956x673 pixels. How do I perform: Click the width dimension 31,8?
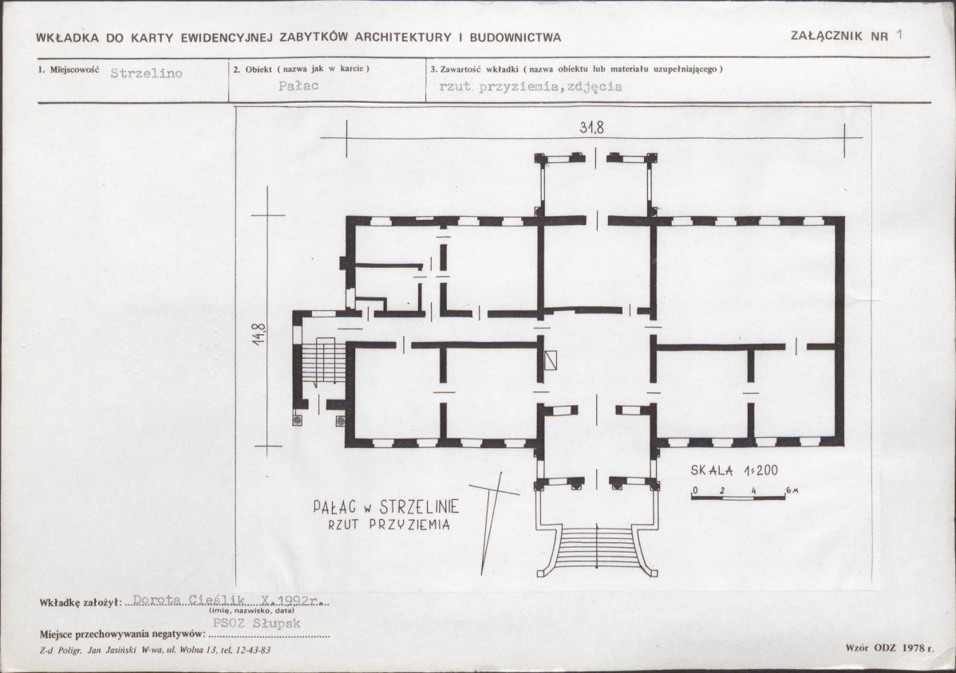(x=591, y=128)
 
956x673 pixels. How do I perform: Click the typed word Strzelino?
(x=146, y=73)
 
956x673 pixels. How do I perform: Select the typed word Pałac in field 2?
(x=298, y=86)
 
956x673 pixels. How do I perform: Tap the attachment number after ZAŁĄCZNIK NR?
(x=899, y=35)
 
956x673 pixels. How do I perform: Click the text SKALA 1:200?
(x=734, y=470)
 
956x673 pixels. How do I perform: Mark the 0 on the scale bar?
(x=693, y=490)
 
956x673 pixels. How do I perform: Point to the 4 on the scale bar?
(x=754, y=490)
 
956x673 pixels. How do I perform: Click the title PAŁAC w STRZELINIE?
(x=386, y=506)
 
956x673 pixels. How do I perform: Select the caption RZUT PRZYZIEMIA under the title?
(x=389, y=525)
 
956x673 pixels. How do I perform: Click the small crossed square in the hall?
(x=551, y=360)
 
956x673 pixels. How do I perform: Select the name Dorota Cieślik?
(x=189, y=600)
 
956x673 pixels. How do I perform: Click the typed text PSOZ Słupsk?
(x=257, y=623)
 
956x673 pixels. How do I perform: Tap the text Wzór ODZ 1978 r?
(x=889, y=648)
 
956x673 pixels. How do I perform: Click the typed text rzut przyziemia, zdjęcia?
(x=531, y=86)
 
